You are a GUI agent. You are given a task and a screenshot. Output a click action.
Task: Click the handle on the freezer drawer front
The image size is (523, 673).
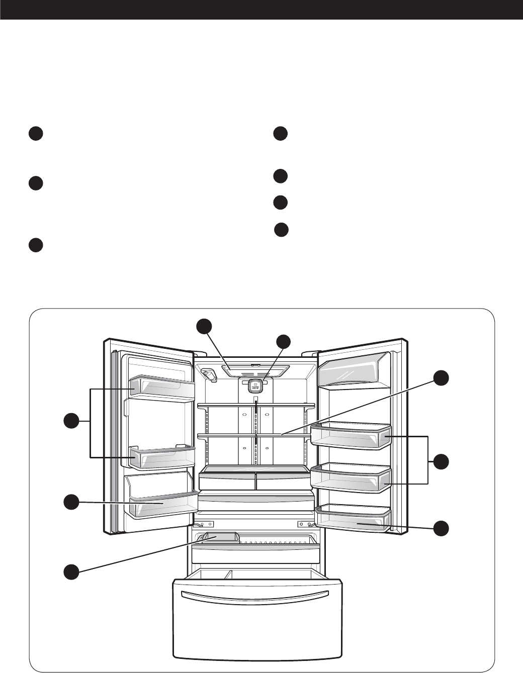pos(258,596)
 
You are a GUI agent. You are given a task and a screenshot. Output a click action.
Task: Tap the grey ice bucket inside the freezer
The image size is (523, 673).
pos(220,538)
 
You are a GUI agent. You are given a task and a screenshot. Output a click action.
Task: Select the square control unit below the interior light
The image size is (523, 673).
pos(255,386)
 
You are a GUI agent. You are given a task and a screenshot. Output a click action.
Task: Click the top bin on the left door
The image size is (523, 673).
pos(162,386)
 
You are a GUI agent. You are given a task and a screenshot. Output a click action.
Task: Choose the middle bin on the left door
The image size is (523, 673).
pos(162,456)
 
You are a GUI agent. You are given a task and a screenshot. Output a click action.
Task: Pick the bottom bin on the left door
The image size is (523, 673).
pos(162,504)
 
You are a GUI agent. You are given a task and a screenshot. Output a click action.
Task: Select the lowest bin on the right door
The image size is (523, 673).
pos(353,519)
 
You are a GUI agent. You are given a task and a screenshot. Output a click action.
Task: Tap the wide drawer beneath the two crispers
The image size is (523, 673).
pos(256,503)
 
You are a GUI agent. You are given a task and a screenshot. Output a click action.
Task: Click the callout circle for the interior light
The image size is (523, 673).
pos(204,325)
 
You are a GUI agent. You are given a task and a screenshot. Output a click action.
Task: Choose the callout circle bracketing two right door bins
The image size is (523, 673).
pos(442,460)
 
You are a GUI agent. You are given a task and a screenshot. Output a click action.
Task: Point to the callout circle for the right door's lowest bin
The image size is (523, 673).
pos(442,528)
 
